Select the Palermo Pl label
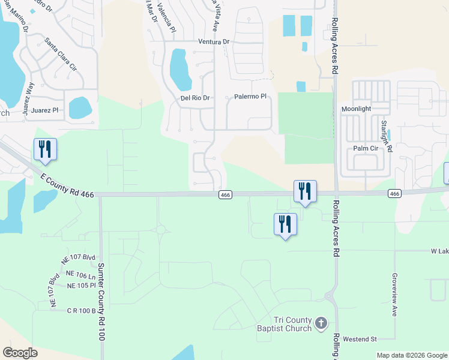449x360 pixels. pos(250,97)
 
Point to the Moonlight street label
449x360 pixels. pos(357,109)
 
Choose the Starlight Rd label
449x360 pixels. pos(385,135)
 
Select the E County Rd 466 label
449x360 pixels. pos(67,185)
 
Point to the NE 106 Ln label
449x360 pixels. pos(81,275)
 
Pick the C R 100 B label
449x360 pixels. pos(81,311)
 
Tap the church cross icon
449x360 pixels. pos(321,324)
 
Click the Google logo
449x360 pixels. pos(20,353)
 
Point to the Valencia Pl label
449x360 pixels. pos(166,18)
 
